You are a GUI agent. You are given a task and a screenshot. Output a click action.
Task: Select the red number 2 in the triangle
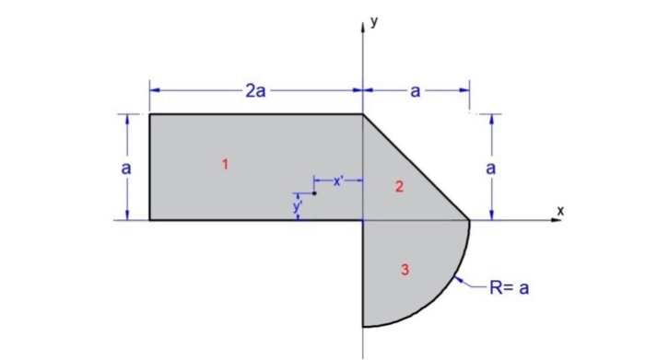coord(399,188)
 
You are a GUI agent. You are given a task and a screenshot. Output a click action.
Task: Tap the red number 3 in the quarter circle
coord(405,269)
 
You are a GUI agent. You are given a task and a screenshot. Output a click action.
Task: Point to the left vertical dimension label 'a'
coord(127,168)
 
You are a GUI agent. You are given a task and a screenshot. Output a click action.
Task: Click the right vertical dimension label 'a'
coord(491,168)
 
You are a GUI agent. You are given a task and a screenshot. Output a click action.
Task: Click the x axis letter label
coord(559,211)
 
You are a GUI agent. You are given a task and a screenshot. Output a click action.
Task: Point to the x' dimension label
coord(338,181)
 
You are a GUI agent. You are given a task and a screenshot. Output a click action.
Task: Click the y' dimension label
coord(297,207)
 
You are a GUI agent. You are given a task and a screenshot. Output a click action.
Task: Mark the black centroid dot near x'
coord(314,193)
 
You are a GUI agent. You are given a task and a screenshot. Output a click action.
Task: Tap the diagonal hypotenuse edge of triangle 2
coord(416,168)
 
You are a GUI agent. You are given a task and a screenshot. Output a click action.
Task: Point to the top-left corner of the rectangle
coord(150,114)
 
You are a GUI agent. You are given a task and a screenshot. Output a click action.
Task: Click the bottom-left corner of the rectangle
coord(150,221)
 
